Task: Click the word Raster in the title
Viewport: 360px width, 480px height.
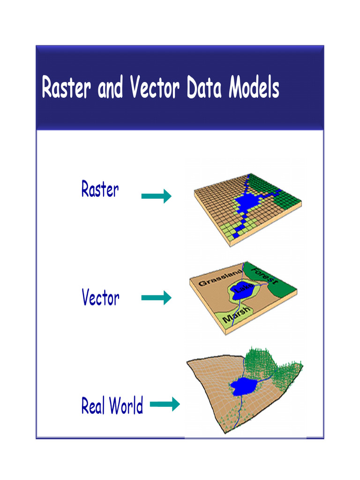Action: pos(66,87)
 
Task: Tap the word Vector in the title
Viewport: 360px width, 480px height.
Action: pos(155,87)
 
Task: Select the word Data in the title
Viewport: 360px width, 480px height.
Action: pos(204,87)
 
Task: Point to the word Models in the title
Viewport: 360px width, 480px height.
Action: pos(254,87)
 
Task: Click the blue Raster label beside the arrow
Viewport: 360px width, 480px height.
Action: pos(100,189)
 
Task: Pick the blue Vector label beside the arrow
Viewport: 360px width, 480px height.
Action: pos(100,297)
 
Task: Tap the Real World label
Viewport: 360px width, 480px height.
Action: pos(112,405)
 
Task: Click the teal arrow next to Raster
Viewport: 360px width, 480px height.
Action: pos(157,196)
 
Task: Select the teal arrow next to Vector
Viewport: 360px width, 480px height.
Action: pos(157,298)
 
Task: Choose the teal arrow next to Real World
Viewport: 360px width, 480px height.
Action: pos(165,404)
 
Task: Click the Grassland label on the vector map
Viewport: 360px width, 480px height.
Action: pos(220,277)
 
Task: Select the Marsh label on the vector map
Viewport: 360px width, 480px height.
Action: pos(236,315)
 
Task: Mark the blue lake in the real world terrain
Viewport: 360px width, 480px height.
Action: pos(243,387)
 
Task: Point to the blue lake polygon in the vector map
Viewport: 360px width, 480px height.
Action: pos(242,292)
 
